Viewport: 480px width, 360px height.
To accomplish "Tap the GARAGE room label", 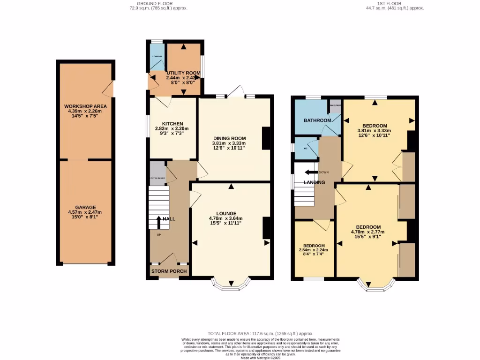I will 85,207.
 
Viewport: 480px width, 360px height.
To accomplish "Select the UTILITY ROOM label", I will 184,73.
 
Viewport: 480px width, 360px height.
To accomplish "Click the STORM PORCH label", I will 169,271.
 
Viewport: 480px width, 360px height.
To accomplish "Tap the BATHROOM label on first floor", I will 317,120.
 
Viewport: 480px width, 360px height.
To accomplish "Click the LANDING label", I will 314,182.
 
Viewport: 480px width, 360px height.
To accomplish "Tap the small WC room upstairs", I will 305,148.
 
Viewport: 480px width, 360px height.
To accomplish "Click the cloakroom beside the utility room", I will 157,57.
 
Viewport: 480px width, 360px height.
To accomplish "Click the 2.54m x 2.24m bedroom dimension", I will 314,250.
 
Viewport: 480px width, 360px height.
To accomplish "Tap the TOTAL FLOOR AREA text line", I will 261,333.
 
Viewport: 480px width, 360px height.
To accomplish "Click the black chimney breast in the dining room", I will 266,139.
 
